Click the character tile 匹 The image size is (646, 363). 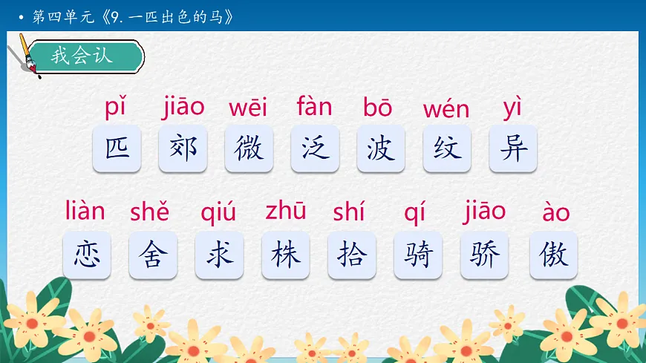(117, 148)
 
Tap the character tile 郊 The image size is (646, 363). (183, 148)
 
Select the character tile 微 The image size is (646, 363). (249, 148)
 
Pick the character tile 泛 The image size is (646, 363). (315, 148)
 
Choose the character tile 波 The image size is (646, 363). (381, 148)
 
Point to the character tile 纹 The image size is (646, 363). (447, 148)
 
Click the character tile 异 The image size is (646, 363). (513, 148)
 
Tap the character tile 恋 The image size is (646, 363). (87, 255)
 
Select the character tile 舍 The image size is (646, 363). (153, 255)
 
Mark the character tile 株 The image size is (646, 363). (286, 255)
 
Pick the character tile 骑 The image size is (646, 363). (418, 255)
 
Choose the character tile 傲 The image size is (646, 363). (554, 255)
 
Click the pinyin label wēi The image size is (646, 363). (248, 108)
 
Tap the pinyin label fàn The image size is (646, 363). (314, 107)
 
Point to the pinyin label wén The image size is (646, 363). (446, 110)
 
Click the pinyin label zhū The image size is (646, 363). (285, 212)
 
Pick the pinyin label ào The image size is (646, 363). (556, 214)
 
